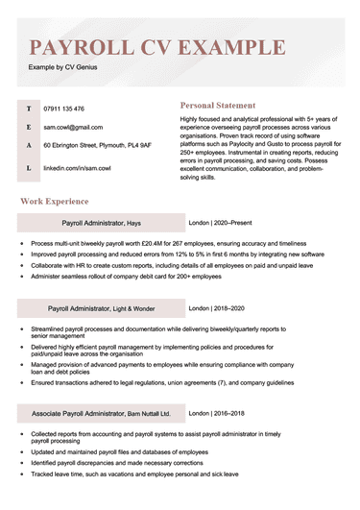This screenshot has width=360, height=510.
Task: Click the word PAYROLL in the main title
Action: click(x=83, y=47)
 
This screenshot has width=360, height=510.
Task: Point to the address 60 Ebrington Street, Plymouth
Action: click(x=97, y=145)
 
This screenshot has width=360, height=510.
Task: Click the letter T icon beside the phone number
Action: click(x=28, y=109)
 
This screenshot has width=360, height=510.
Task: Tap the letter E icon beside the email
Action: click(x=28, y=127)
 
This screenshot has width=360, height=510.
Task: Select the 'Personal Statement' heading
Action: click(x=218, y=105)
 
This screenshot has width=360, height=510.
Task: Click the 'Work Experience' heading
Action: click(x=55, y=202)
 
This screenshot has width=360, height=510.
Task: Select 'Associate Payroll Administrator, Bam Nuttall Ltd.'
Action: click(x=101, y=414)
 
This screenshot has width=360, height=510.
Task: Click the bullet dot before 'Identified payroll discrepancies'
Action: click(x=21, y=463)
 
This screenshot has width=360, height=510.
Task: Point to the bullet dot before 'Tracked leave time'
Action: click(x=21, y=475)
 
